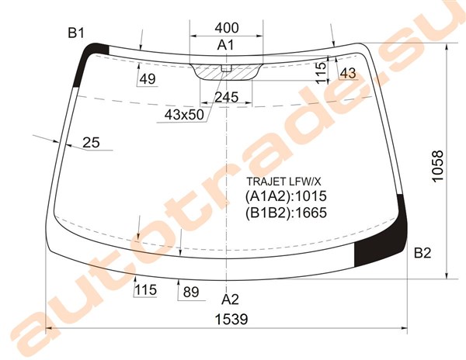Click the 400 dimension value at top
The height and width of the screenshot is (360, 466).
(227, 28)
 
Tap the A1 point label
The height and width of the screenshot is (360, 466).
(225, 45)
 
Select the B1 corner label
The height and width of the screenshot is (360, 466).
(76, 33)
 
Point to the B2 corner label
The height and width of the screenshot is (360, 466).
(423, 253)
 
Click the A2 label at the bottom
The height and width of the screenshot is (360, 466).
(230, 299)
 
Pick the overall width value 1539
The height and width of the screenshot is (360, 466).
(231, 320)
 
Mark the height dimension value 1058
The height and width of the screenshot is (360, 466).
(438, 165)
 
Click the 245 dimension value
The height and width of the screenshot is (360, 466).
(227, 97)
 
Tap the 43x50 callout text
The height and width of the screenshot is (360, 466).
(184, 115)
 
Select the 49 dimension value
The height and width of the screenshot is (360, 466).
(148, 79)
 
